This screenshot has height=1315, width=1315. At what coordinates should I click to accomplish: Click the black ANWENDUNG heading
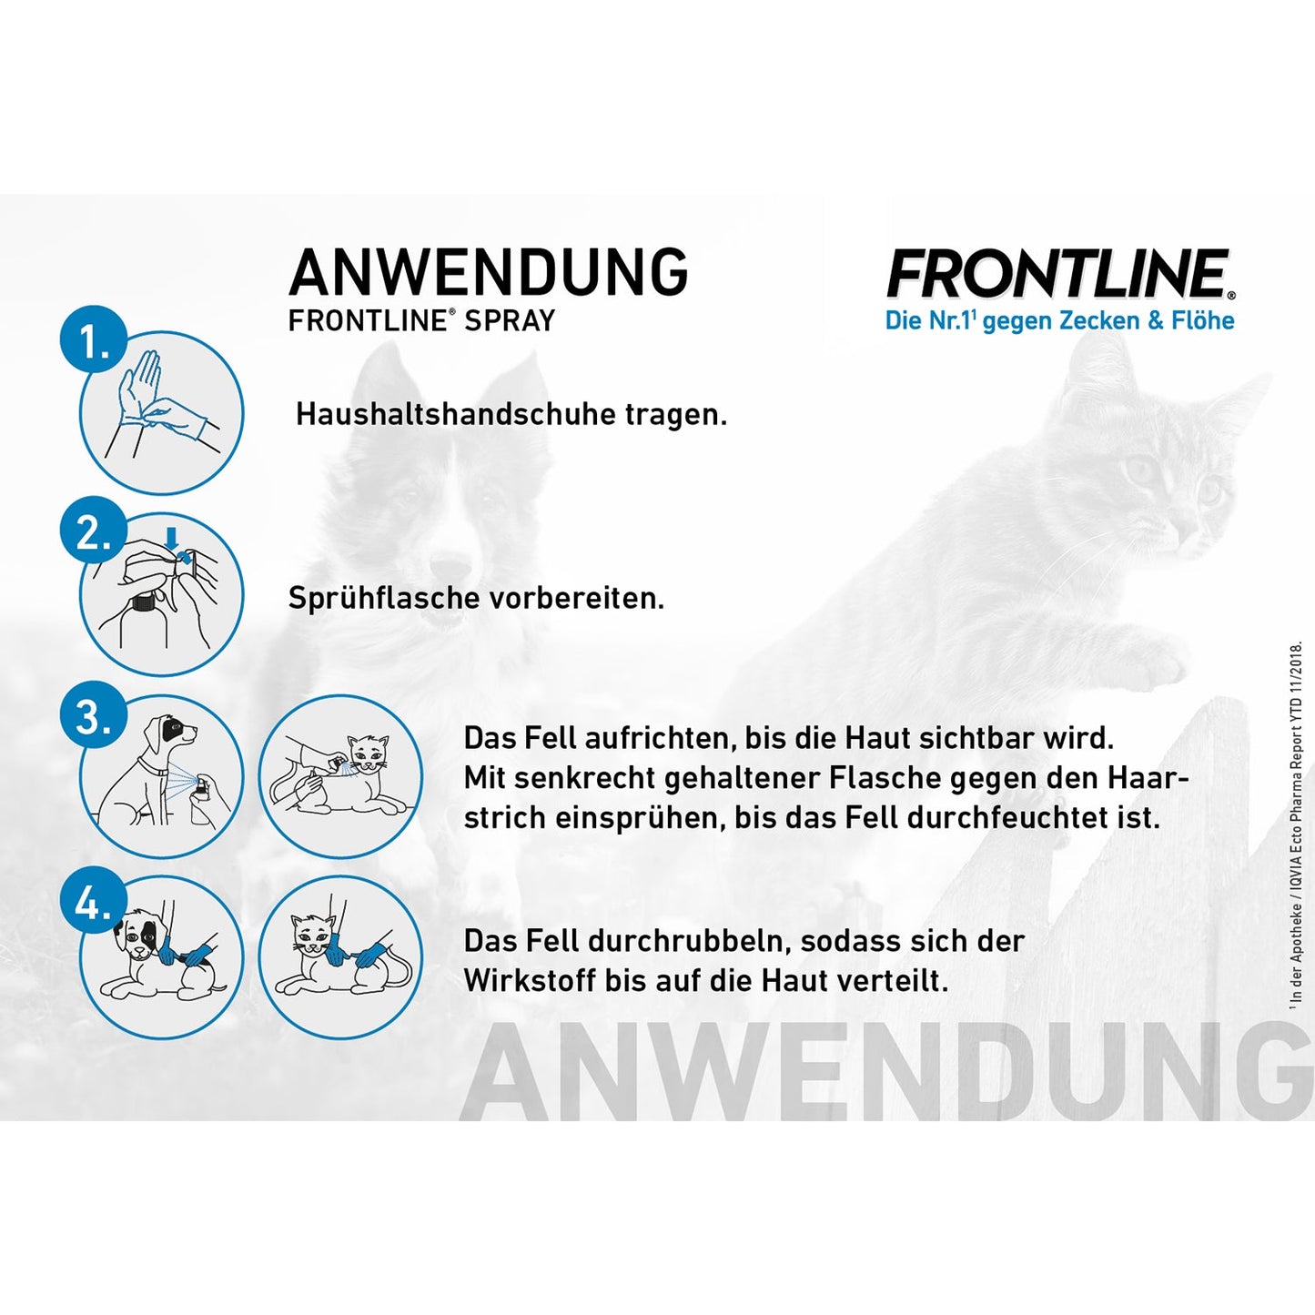[x=488, y=272]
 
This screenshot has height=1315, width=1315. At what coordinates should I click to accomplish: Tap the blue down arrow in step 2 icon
[x=170, y=541]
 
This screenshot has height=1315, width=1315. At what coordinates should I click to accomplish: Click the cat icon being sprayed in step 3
[x=341, y=776]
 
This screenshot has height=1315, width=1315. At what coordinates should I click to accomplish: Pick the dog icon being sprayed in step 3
[x=162, y=776]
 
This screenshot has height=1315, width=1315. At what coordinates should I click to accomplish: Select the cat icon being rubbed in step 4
[x=341, y=956]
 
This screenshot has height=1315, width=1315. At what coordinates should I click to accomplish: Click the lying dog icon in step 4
[x=162, y=956]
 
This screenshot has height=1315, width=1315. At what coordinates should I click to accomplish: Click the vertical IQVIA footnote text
[x=1296, y=824]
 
